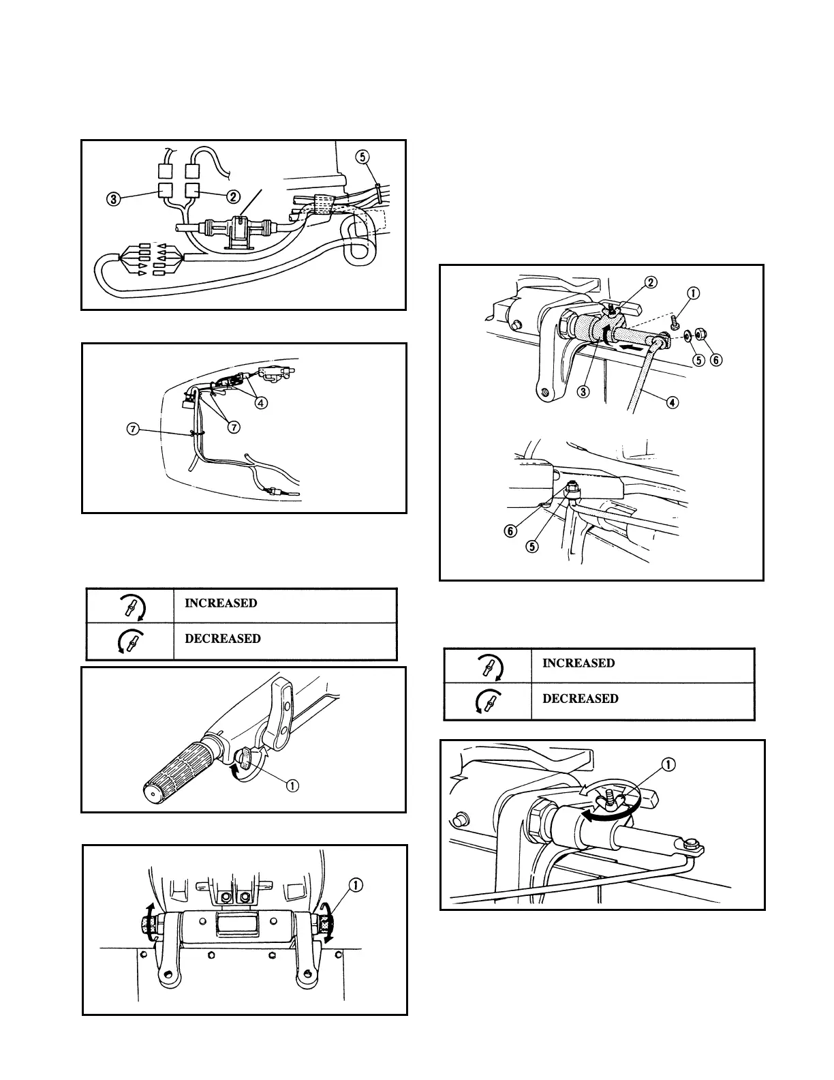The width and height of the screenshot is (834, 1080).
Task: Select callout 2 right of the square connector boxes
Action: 232,197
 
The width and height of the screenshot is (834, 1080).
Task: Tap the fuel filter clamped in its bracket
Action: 238,228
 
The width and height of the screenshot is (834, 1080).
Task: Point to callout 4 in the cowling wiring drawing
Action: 261,402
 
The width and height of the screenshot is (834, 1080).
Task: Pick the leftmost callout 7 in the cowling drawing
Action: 134,429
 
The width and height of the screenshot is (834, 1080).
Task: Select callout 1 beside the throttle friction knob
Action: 292,785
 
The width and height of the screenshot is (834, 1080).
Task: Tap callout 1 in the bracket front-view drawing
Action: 356,886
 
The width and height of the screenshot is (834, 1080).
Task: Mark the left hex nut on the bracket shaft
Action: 147,925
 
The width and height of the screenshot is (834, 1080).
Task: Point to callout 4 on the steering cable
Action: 673,402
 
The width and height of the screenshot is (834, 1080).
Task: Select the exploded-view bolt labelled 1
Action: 673,322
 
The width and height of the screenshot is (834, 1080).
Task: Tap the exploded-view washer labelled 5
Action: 688,335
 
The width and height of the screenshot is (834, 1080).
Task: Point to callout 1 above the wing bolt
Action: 668,765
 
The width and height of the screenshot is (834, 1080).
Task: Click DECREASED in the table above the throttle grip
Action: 223,639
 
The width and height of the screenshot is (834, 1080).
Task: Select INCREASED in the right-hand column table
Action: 578,663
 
